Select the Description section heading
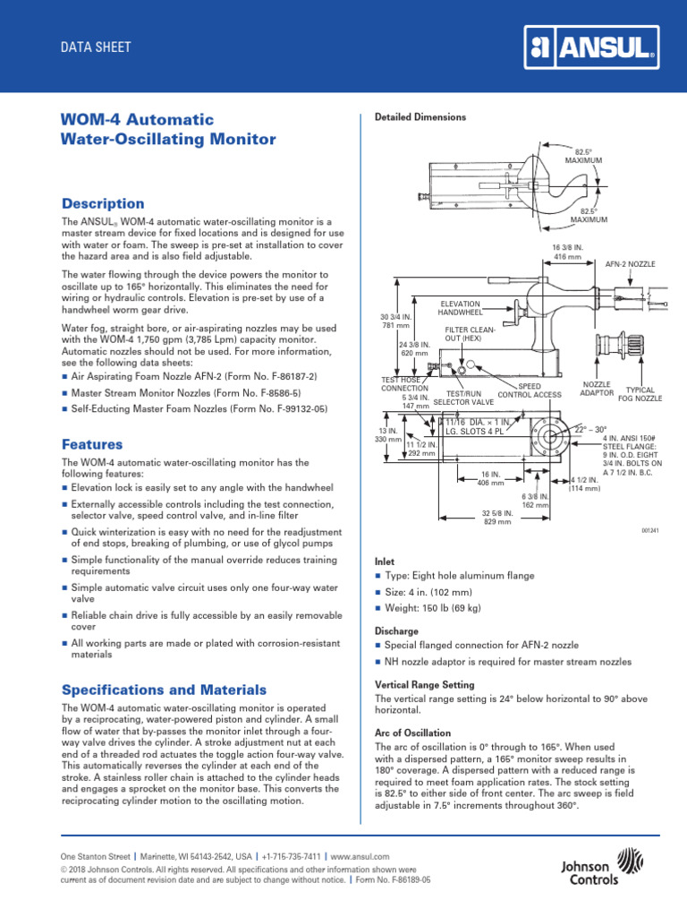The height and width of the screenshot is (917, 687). click(x=103, y=203)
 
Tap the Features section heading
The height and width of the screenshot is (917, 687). click(x=92, y=444)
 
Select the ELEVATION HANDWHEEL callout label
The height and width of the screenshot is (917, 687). click(x=460, y=308)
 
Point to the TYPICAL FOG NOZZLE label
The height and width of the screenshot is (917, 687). click(x=643, y=395)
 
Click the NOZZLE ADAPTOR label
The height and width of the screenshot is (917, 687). click(x=597, y=389)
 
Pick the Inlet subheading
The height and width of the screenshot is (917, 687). click(x=384, y=558)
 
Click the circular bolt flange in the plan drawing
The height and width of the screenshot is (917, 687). click(x=547, y=442)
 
